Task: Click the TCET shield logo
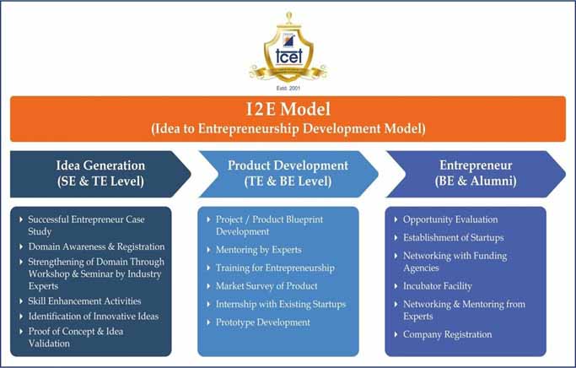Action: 288,51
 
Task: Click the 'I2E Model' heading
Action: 288,111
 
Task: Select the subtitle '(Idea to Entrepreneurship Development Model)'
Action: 288,129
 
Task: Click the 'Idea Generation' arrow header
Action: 100,165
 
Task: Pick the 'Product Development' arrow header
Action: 288,165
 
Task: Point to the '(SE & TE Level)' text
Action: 100,181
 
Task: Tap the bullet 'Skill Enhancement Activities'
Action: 84,300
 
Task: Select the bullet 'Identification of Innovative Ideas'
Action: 93,316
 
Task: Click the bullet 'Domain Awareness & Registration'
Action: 96,246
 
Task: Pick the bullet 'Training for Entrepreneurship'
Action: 275,268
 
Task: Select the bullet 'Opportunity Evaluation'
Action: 450,219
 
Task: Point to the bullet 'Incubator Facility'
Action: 438,286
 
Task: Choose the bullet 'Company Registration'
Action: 448,334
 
